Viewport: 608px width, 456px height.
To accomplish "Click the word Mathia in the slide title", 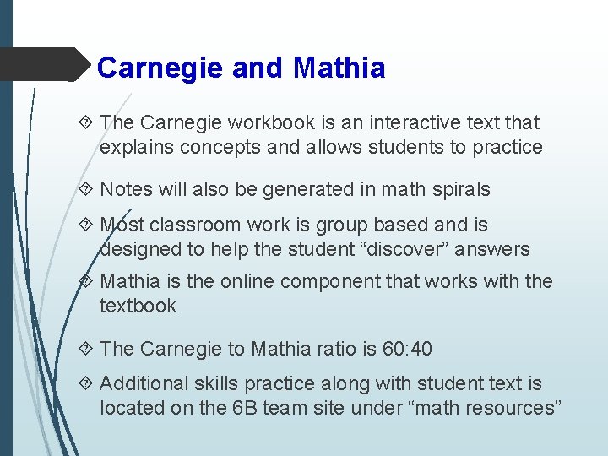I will [x=339, y=68].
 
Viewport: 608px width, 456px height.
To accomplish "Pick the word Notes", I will [x=128, y=189].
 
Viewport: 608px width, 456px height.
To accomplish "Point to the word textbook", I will [x=138, y=306].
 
